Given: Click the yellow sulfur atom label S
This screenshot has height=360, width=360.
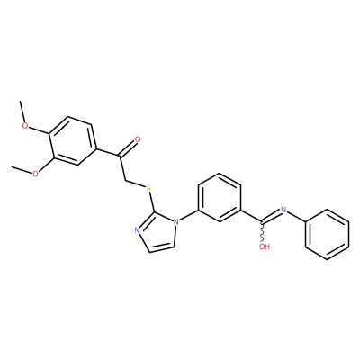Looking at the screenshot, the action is coord(148,189).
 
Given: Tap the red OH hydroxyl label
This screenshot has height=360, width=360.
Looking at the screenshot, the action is coord(265,247).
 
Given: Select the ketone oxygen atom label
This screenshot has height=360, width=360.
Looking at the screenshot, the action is coord(138,139).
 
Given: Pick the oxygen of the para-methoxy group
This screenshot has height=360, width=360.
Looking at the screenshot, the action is coord(26,125).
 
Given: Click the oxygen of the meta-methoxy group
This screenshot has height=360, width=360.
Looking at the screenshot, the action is coord(35,174).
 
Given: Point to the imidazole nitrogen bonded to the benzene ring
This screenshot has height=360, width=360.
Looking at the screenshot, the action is coord(176,222).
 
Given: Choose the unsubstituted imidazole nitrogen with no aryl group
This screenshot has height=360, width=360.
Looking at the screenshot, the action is coord(137,230).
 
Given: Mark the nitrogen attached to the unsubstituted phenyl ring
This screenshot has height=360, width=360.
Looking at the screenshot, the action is coord(283,210).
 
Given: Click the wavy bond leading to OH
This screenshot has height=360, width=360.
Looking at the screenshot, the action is coord(262,232).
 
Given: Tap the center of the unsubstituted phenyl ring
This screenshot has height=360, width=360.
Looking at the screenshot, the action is coord(327,234).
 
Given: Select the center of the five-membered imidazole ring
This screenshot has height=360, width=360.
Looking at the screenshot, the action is coord(157,233).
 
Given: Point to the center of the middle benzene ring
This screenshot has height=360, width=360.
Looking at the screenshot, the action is coord(220,197).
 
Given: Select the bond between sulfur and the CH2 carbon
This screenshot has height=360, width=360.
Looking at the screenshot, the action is coord(134,184).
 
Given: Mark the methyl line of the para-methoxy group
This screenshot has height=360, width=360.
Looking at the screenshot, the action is coord(22,112).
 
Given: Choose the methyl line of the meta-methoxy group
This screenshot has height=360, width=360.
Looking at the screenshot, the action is coord(22,170).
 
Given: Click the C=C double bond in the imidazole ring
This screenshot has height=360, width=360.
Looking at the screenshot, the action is coord(162,247).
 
